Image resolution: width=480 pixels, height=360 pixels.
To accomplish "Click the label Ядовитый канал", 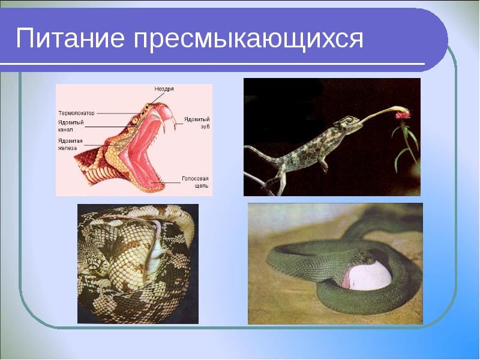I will point(71,126).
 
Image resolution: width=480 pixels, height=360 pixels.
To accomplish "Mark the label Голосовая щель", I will point(195,182).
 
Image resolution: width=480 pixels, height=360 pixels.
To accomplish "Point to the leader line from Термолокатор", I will point(117,113).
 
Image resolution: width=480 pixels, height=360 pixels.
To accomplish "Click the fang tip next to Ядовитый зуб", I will point(175,127).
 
